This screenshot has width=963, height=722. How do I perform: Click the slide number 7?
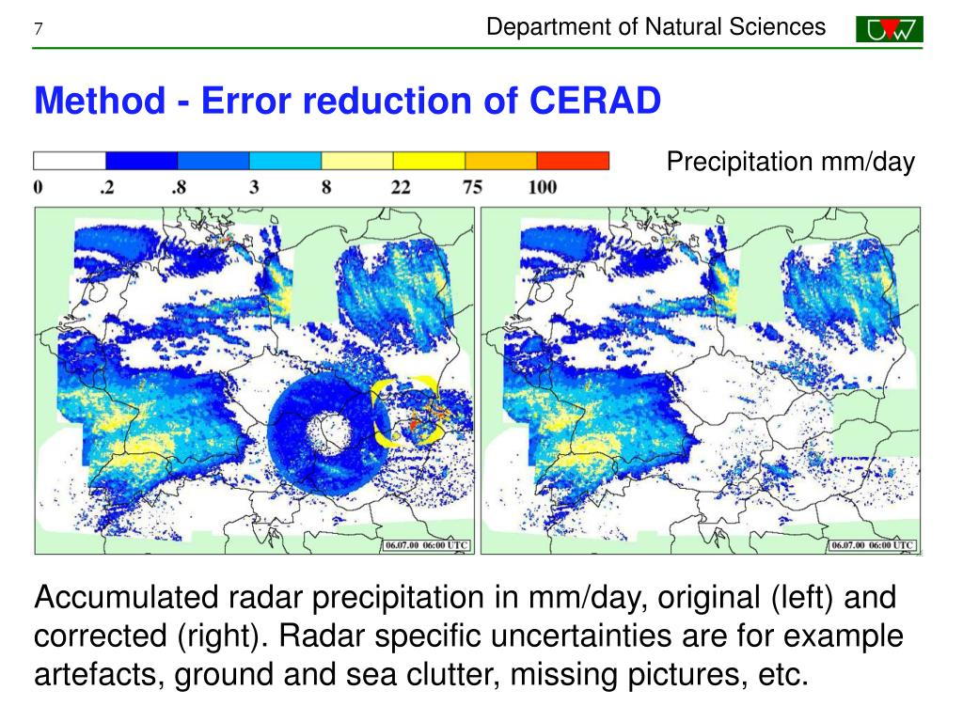(38, 29)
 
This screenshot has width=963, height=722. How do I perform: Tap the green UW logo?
(890, 29)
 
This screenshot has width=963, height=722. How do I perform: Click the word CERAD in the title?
(595, 100)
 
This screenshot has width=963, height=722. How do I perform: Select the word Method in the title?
(100, 100)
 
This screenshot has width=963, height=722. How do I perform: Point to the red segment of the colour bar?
(573, 161)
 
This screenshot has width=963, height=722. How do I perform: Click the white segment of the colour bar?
(70, 161)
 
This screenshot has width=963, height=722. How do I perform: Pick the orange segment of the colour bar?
(501, 161)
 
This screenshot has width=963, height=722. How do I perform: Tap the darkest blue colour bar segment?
(142, 161)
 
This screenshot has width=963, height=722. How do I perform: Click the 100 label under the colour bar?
(543, 187)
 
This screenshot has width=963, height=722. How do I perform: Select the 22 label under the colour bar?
(401, 187)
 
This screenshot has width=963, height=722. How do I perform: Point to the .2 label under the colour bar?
(107, 187)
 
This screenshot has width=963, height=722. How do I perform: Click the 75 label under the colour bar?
(472, 187)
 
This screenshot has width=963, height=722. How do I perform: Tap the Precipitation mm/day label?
(790, 162)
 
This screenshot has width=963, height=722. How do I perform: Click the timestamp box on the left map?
(427, 545)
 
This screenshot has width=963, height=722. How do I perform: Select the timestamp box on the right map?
(873, 545)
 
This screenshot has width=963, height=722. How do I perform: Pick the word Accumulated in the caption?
(127, 597)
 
